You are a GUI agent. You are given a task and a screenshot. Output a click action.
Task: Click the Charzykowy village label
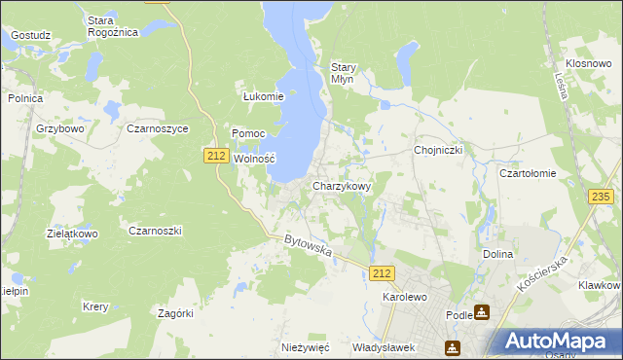tap(341, 186)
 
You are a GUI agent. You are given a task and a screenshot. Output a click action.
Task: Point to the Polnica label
tap(25, 97)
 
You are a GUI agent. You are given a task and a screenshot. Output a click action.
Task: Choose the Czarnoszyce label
tap(157, 128)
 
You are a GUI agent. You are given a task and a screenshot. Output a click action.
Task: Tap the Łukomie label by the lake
tap(263, 96)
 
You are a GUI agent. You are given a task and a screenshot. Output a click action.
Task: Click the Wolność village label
tap(255, 159)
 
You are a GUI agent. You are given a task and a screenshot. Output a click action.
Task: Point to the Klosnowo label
tap(588, 61)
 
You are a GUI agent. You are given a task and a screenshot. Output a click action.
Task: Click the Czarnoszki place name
tap(156, 231)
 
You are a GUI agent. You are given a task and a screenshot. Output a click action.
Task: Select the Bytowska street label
tap(309, 245)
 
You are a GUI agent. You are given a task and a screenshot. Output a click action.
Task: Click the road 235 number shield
tap(602, 197)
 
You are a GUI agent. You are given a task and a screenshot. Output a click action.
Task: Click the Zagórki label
tap(176, 313)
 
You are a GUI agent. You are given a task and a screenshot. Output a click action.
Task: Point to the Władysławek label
tap(384, 347)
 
